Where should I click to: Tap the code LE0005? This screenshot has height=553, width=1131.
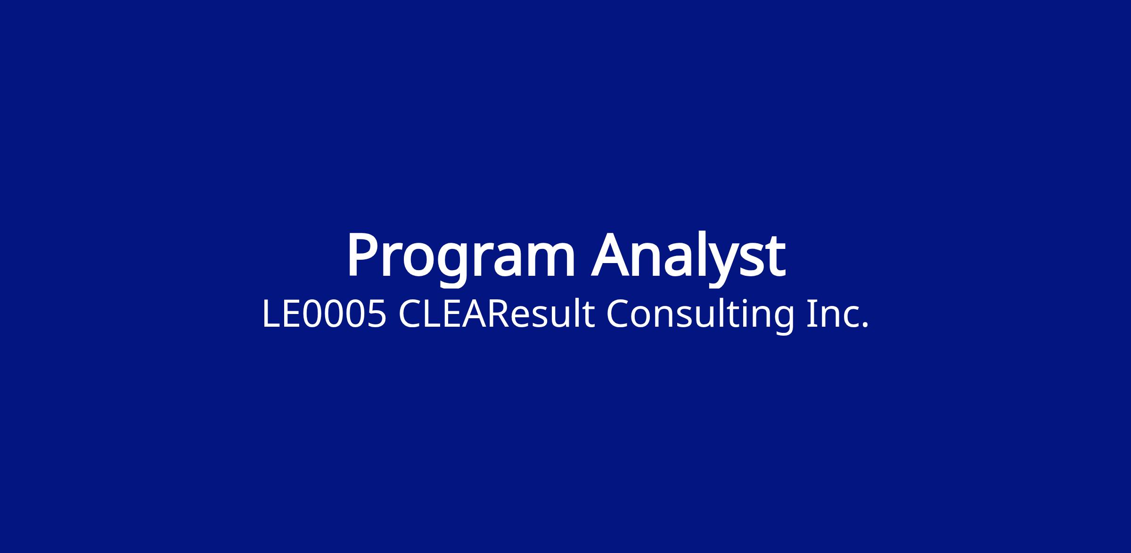324,314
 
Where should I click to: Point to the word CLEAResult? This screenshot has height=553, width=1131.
496,314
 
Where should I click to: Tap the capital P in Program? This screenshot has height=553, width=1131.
364,254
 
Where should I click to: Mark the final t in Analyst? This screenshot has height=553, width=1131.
774,256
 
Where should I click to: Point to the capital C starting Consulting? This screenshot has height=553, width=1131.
618,314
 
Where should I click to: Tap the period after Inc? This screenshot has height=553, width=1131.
864,325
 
